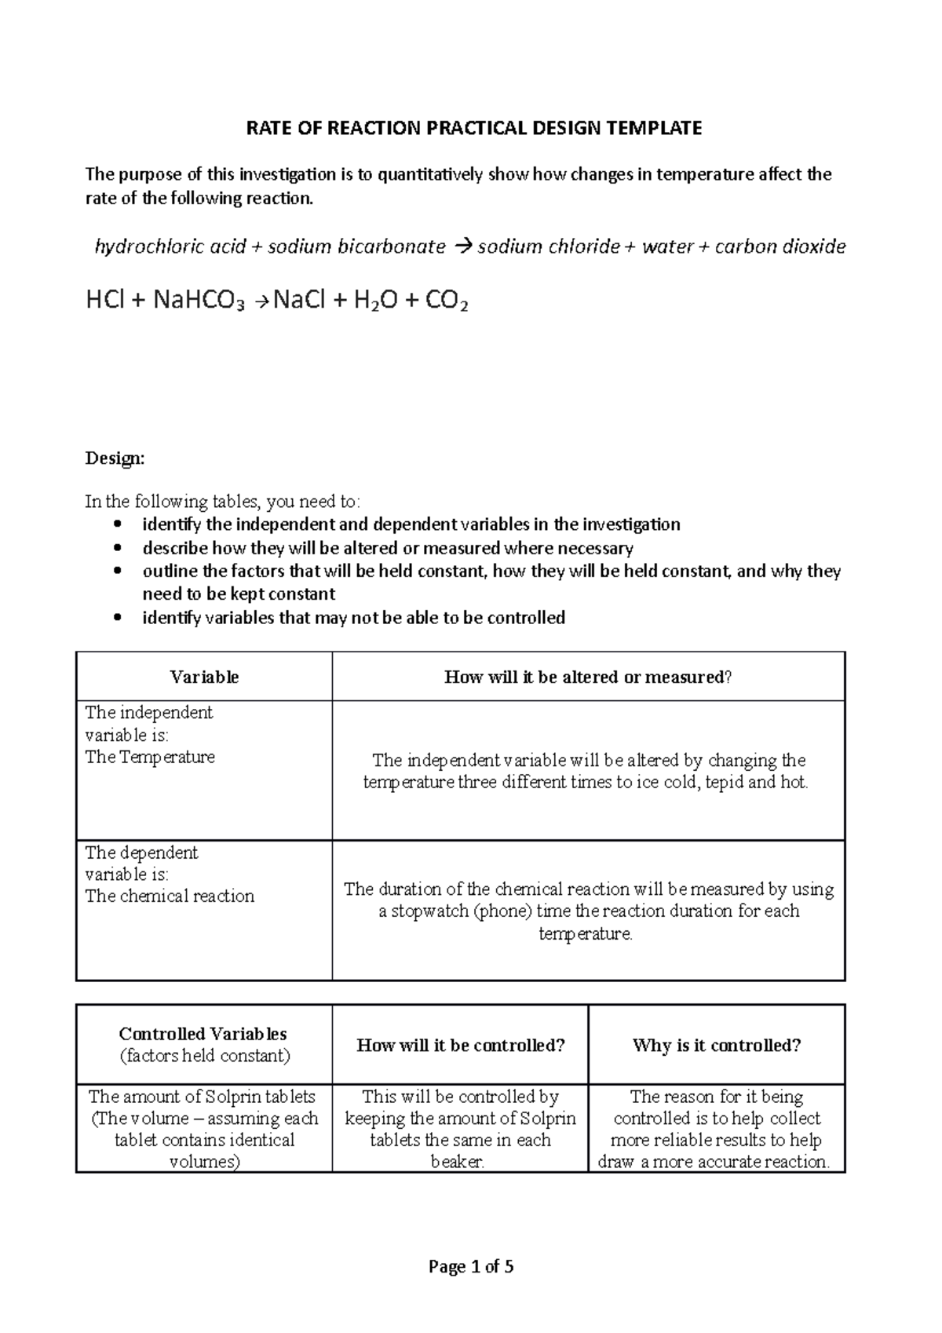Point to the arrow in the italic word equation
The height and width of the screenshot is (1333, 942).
click(x=461, y=247)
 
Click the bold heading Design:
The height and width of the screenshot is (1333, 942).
click(x=115, y=458)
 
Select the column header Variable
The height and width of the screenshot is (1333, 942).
click(x=204, y=677)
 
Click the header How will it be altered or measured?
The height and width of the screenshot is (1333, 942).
click(x=588, y=677)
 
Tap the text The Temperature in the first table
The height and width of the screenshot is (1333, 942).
click(x=150, y=758)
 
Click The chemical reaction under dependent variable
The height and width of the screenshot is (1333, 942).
click(x=170, y=897)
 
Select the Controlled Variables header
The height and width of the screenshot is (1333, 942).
click(x=203, y=1034)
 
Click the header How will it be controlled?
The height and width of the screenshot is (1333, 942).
click(x=461, y=1046)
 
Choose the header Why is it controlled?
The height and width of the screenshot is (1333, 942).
click(x=717, y=1046)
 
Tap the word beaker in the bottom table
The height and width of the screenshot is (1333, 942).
click(x=456, y=1162)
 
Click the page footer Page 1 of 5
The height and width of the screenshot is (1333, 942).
click(x=471, y=1266)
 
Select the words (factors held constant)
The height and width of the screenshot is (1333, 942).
click(x=204, y=1056)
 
